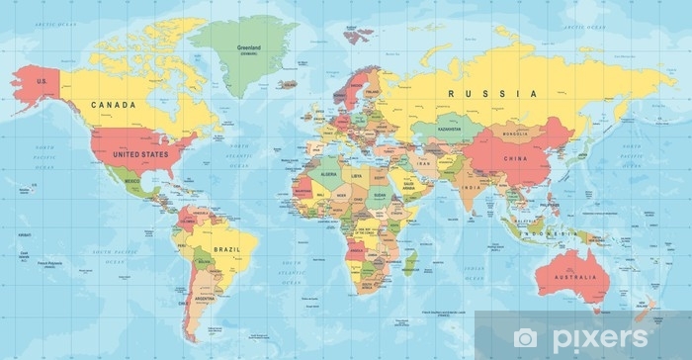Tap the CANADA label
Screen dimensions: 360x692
point(113,104)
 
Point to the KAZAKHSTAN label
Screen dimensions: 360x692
point(452,129)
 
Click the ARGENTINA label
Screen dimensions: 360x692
point(205,297)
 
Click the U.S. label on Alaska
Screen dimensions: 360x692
point(43,81)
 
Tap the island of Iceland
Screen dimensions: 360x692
point(289,84)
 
